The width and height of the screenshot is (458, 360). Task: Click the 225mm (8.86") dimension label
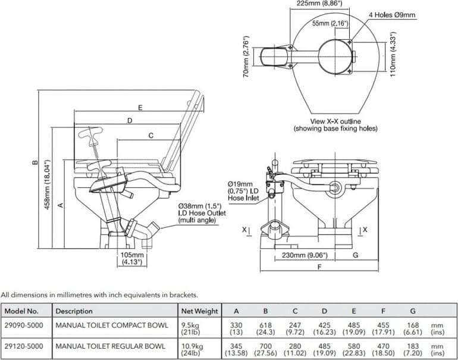[x=319, y=4]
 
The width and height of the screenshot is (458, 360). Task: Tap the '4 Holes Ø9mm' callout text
[x=392, y=15]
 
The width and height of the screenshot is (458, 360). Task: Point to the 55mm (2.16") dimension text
[x=330, y=23]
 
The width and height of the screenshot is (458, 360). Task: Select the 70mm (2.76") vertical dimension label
[x=246, y=57]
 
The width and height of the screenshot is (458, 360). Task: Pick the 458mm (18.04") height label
[x=47, y=184]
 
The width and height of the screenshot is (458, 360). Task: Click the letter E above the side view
[x=140, y=108]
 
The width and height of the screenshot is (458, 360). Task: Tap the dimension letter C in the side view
[x=150, y=136]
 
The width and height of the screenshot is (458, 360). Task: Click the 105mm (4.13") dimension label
[x=132, y=258]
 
